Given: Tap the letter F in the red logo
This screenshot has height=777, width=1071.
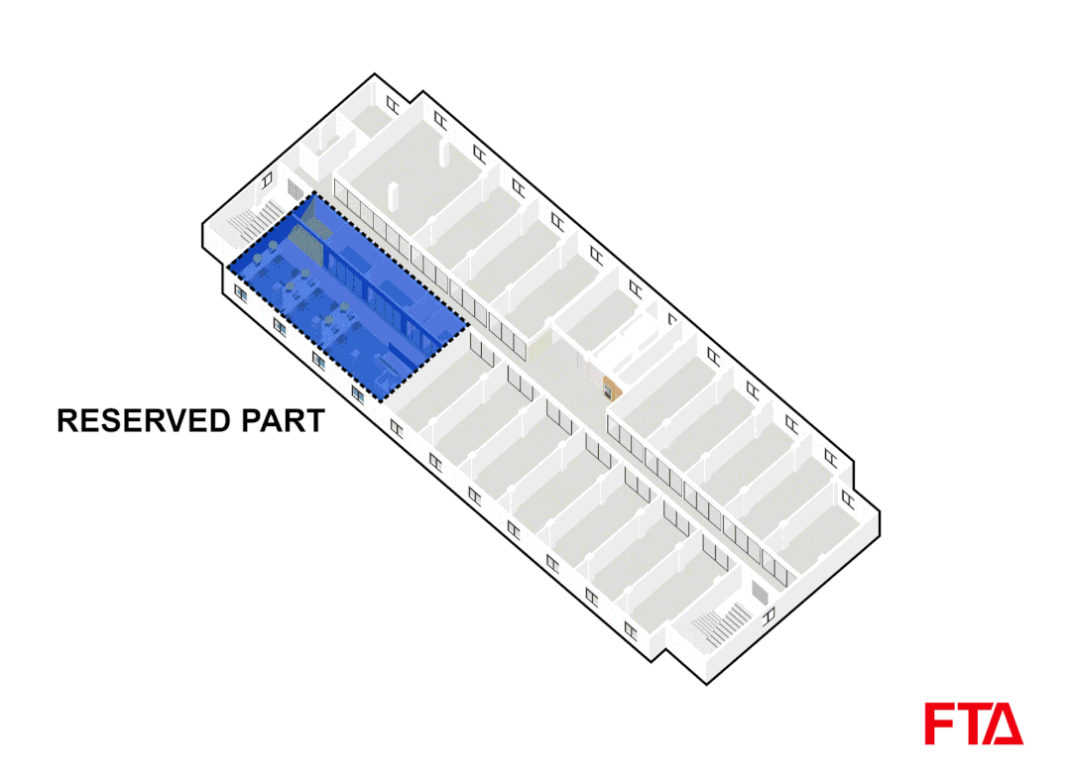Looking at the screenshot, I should (x=940, y=723).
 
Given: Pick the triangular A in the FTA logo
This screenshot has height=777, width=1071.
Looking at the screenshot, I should (x=1006, y=725).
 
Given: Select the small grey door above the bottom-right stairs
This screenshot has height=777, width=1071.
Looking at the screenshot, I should (x=759, y=593).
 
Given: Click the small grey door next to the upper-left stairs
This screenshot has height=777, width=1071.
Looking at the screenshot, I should (x=295, y=188).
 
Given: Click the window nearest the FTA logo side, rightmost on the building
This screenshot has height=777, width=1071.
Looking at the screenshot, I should (x=846, y=496).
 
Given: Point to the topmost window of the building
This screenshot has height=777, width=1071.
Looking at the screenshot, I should (x=393, y=103).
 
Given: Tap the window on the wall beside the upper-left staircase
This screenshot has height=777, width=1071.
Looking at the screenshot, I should (x=268, y=178).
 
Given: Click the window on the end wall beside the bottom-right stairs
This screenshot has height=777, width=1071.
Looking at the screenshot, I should (x=770, y=616).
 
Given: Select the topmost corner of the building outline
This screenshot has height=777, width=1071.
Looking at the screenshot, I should (x=375, y=74).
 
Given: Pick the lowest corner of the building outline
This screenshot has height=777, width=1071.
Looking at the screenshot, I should (x=706, y=684).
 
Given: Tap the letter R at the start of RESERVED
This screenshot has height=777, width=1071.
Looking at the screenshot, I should (x=67, y=420).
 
